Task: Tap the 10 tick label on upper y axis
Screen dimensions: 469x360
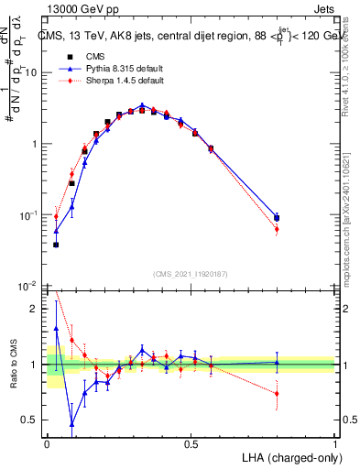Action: [x=31, y=72]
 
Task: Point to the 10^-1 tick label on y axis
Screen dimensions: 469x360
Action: [x=28, y=215]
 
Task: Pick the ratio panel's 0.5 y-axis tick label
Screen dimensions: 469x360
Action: [x=31, y=420]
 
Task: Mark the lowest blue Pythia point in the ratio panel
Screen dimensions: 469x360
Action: [x=72, y=424]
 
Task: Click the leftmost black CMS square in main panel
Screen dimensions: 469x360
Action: [x=56, y=245]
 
